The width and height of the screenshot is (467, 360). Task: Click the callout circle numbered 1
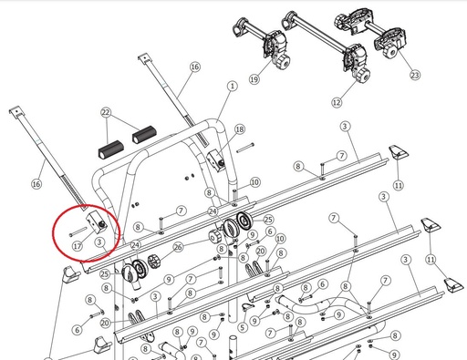pyautogui.click(x=233, y=87)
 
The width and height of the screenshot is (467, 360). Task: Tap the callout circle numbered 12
pyautogui.click(x=337, y=103)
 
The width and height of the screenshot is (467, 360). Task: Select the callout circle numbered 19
pyautogui.click(x=254, y=79)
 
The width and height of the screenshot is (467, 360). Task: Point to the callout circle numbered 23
pyautogui.click(x=415, y=75)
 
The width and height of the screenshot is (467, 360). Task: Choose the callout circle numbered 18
pyautogui.click(x=240, y=129)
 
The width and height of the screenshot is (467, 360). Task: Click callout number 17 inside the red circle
pyautogui.click(x=78, y=245)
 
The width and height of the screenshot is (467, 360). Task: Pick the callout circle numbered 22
pyautogui.click(x=105, y=113)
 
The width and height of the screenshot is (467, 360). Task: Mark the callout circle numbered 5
pyautogui.click(x=242, y=327)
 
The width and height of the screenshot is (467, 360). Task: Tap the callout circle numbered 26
pyautogui.click(x=178, y=247)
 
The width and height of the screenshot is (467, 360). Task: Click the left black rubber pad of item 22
pyautogui.click(x=111, y=149)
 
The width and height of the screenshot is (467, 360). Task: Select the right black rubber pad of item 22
pyautogui.click(x=144, y=135)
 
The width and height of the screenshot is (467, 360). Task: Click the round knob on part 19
pyautogui.click(x=282, y=63)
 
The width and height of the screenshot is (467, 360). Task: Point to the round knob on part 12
pyautogui.click(x=362, y=75)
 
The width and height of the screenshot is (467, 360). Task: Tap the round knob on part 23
pyautogui.click(x=390, y=52)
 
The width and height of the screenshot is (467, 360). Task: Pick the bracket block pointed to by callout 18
pyautogui.click(x=215, y=160)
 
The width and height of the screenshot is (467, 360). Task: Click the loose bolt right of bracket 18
pyautogui.click(x=245, y=148)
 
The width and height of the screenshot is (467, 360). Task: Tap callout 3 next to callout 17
pyautogui.click(x=99, y=242)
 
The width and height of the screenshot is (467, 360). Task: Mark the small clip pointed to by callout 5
pyautogui.click(x=245, y=307)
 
